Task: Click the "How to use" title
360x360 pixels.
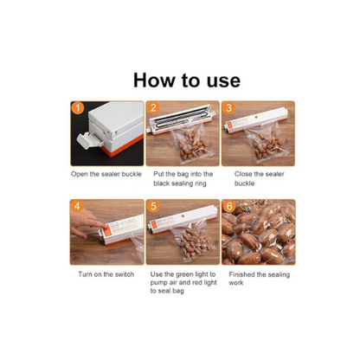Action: [187, 80]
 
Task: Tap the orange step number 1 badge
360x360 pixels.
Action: [78, 108]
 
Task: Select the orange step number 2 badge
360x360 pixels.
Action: [153, 108]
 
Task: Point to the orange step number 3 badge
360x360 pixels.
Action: [228, 108]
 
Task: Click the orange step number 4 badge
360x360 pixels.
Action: [77, 207]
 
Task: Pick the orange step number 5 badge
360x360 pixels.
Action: [153, 207]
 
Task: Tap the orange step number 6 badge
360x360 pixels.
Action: [229, 207]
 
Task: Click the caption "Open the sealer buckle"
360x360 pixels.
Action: [106, 174]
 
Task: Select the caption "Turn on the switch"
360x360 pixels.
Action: [106, 274]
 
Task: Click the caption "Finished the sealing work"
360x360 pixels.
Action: [259, 279]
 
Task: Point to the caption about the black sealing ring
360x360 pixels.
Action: [183, 178]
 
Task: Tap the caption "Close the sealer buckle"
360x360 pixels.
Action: [259, 178]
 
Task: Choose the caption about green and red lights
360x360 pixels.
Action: [183, 282]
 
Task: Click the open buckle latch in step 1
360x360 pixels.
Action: [89, 140]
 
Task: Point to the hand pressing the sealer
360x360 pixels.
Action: [86, 222]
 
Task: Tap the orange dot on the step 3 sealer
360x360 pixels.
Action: [256, 117]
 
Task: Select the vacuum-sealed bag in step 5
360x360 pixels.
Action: [194, 240]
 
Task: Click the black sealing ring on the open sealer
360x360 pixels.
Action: [180, 118]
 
